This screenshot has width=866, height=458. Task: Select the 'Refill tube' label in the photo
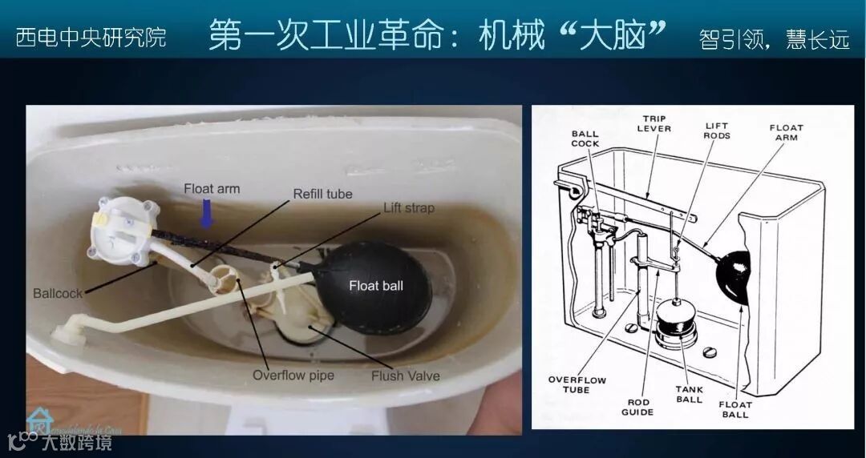[x=322, y=194]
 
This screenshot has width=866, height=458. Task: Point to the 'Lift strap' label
[x=408, y=208]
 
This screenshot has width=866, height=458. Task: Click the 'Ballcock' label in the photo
[x=58, y=294]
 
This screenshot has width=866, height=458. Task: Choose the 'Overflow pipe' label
[x=293, y=375]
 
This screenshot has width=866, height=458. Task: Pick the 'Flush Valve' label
[x=405, y=375]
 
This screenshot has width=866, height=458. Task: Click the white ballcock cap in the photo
[x=122, y=231]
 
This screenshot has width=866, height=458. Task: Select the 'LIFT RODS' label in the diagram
[x=717, y=131]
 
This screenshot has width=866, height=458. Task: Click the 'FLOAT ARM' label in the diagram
[x=786, y=132]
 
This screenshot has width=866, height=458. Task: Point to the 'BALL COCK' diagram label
[x=585, y=139]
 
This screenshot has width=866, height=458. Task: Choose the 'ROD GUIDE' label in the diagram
[x=637, y=407]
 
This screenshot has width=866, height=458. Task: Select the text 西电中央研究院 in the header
[x=91, y=37]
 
